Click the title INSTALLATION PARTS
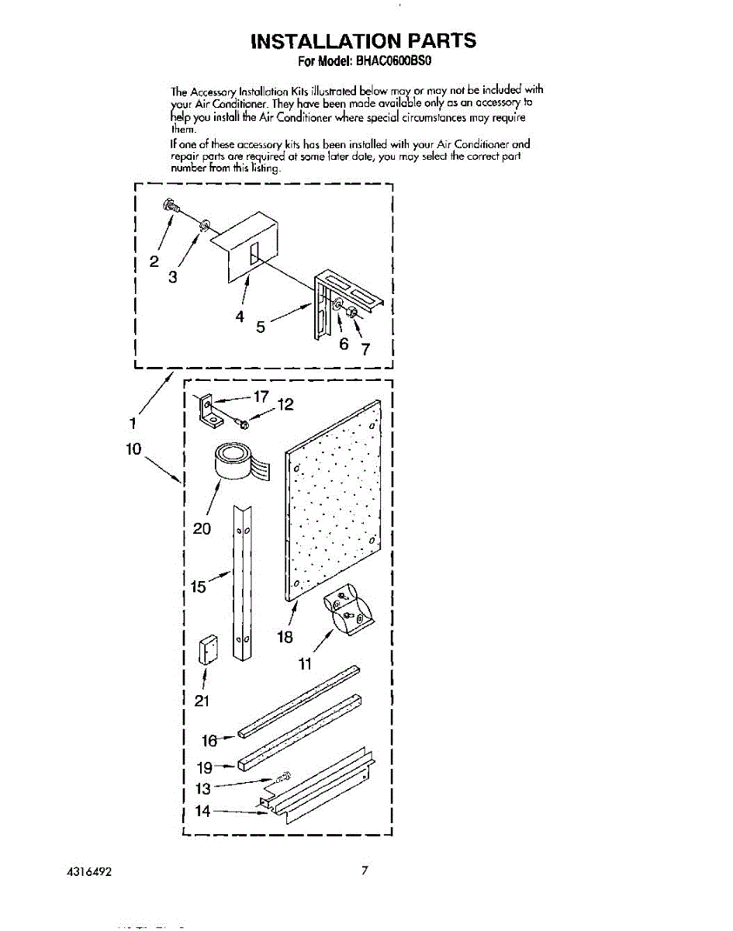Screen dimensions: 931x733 [364, 40]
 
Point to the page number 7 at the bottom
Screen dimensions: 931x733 [364, 870]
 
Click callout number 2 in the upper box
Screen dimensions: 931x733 [154, 261]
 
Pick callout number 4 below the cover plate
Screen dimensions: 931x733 [240, 317]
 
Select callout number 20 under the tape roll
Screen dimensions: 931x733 [202, 529]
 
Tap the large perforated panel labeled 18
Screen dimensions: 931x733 [334, 504]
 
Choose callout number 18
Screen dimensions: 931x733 [285, 637]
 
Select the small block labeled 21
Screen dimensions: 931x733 [207, 650]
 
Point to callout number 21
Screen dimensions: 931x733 [202, 701]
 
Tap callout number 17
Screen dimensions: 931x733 [261, 396]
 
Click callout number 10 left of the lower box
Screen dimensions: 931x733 [137, 448]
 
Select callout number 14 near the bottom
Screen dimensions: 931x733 [202, 812]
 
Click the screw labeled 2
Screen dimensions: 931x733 [169, 206]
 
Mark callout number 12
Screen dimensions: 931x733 [285, 405]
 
